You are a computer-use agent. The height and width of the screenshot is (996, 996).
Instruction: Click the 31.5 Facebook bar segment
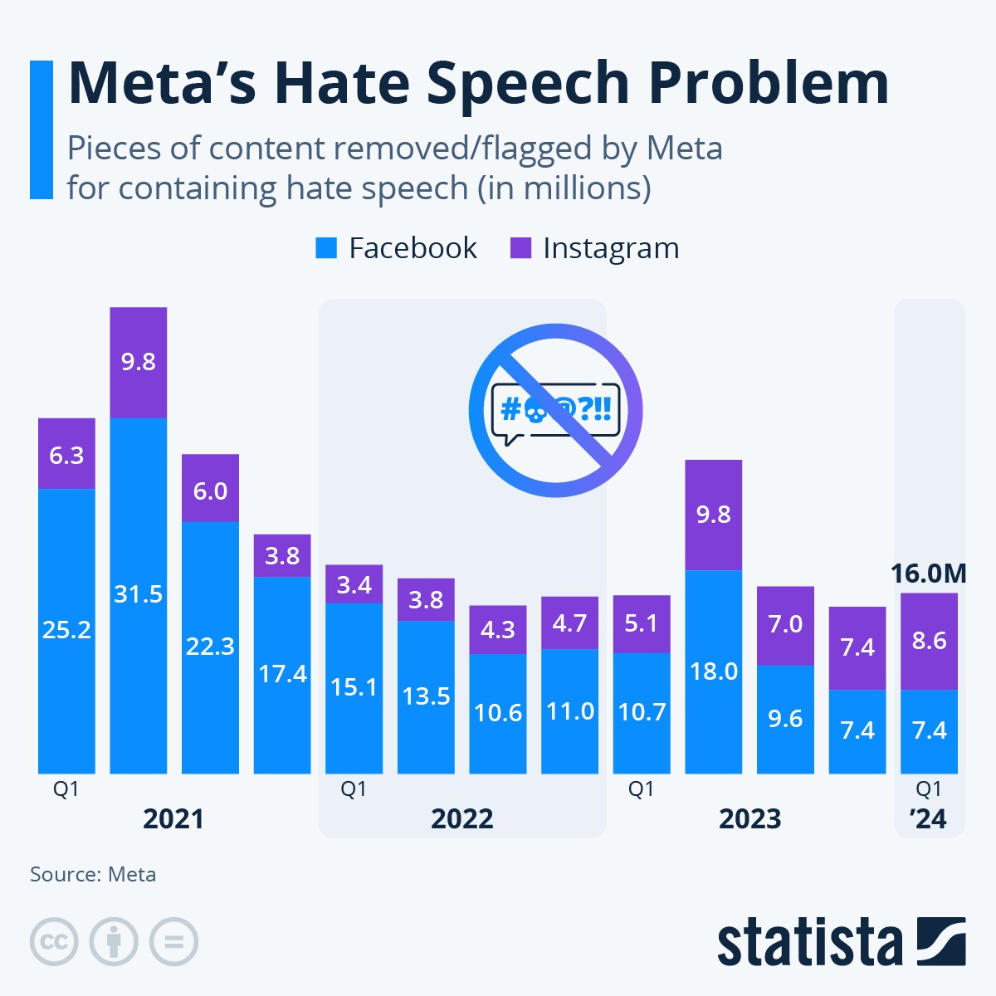click(139, 594)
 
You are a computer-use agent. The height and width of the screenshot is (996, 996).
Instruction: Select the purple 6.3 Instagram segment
click(66, 454)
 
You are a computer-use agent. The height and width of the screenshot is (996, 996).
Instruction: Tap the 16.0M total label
click(929, 574)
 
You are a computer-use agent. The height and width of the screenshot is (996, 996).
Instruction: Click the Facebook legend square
click(326, 247)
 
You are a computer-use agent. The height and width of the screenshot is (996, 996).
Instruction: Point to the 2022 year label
click(462, 819)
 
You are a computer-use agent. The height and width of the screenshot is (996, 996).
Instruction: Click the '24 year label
click(929, 819)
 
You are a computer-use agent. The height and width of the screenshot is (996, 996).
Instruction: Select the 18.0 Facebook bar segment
click(714, 671)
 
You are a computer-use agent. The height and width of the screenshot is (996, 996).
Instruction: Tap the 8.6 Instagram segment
click(929, 641)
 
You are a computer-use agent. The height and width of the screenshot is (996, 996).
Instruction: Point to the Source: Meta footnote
click(93, 874)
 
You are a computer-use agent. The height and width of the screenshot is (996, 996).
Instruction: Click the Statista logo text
click(809, 943)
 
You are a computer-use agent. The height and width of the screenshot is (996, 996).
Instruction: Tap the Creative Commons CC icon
click(54, 942)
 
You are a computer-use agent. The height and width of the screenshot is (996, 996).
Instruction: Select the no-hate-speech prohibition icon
click(555, 410)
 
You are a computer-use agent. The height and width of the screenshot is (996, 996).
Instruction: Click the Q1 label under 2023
click(641, 788)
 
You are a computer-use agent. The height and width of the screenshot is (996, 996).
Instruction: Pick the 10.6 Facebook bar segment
click(498, 713)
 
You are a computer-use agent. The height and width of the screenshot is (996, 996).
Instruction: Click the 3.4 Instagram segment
click(354, 584)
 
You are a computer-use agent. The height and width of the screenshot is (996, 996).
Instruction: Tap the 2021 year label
click(173, 819)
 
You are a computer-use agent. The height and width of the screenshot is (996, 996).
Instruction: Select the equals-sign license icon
click(173, 942)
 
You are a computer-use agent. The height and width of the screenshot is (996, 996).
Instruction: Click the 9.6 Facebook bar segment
click(785, 718)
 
